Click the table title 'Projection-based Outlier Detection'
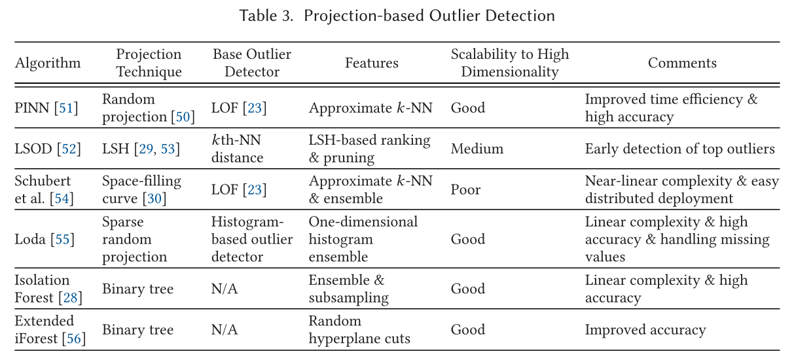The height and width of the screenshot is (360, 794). (429, 16)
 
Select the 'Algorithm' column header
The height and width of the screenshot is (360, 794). (48, 63)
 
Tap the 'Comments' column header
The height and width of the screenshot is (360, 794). (682, 63)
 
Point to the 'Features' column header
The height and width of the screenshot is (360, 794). (372, 63)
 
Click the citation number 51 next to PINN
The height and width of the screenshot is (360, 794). (66, 108)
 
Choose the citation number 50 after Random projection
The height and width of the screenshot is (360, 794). (183, 117)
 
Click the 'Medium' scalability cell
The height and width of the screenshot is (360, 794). (477, 149)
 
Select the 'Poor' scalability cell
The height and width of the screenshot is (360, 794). (465, 190)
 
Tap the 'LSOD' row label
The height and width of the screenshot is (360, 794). (33, 149)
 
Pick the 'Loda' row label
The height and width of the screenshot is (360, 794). (30, 239)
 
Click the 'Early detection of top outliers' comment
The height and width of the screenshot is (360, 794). (680, 149)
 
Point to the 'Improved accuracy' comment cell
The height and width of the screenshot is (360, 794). (645, 330)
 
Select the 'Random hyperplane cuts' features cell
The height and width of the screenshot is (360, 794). (359, 329)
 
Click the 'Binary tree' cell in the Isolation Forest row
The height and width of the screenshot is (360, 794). (138, 289)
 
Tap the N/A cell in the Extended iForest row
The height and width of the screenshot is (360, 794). (225, 330)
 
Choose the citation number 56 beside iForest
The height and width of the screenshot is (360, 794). (74, 338)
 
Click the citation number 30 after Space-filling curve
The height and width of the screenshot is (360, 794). (154, 198)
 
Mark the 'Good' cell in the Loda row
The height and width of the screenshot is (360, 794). (468, 239)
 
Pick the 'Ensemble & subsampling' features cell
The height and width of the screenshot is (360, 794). (348, 289)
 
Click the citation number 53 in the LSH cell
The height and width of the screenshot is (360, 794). (168, 149)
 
